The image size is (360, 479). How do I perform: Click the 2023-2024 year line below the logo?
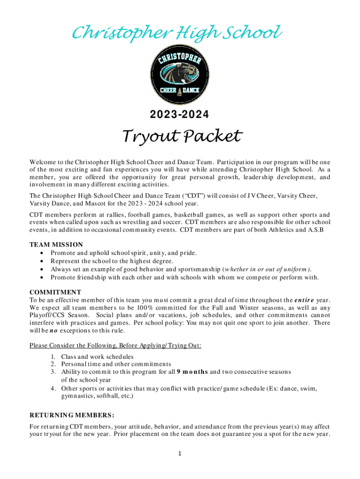coord(180,114)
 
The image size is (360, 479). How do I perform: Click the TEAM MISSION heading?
coord(56,245)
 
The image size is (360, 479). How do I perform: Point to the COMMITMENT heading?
coord(55,292)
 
